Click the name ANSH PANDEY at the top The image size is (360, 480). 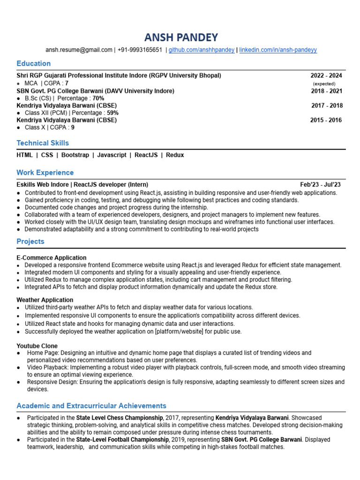coord(180,37)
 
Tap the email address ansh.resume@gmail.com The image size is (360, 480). coord(79,50)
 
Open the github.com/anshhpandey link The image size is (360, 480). coord(202,50)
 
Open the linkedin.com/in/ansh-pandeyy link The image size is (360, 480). coord(278,50)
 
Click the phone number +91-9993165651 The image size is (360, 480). coord(140,50)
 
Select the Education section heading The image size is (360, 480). coord(34,63)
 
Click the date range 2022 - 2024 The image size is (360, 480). coord(326,75)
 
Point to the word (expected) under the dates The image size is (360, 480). coord(324,83)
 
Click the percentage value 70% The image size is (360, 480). coord(98,98)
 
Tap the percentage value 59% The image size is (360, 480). coord(112,113)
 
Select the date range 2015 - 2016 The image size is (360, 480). coord(326,120)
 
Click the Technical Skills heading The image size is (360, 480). coord(43,143)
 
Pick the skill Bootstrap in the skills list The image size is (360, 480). coord(75,155)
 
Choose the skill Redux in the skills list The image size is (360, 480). coord(175,155)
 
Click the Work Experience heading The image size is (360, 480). coord(45,172)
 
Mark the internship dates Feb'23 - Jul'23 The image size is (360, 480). coord(321,185)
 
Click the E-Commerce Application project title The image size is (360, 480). coord(52,258)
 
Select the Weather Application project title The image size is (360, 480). coord(45,300)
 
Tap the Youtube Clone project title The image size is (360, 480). coord(37,346)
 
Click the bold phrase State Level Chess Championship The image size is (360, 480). coord(120,417)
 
